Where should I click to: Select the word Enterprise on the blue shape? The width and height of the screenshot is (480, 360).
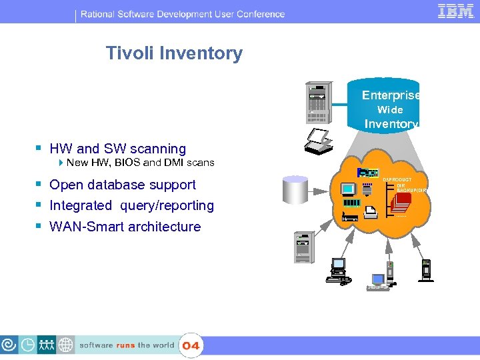pyautogui.click(x=391, y=95)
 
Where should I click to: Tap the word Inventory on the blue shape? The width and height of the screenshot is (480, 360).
pyautogui.click(x=391, y=124)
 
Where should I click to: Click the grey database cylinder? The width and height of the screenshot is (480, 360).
pyautogui.click(x=297, y=191)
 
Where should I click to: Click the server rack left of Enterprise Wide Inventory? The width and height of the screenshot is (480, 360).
pyautogui.click(x=317, y=104)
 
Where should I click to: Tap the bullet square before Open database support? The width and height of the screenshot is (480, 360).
pyautogui.click(x=39, y=185)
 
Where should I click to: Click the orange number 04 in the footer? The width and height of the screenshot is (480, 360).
pyautogui.click(x=191, y=345)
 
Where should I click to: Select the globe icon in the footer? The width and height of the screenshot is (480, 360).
pyautogui.click(x=66, y=345)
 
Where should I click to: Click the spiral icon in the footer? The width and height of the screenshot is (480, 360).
pyautogui.click(x=9, y=345)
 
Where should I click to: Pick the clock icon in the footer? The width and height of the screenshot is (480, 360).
pyautogui.click(x=28, y=345)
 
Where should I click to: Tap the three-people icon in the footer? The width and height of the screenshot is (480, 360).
pyautogui.click(x=47, y=345)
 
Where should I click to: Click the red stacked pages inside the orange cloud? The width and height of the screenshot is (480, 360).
pyautogui.click(x=401, y=204)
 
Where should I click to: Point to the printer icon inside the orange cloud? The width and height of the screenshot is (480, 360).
pyautogui.click(x=373, y=212)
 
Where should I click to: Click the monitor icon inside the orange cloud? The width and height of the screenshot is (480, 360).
pyautogui.click(x=349, y=189)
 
